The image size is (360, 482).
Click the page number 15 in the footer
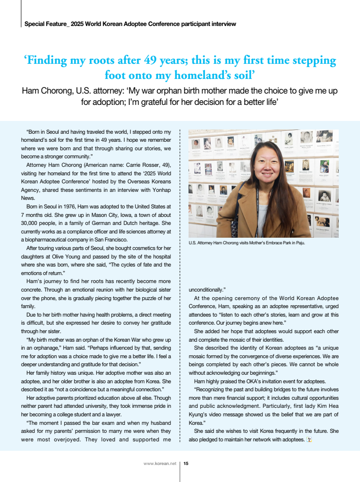(x=186, y=464)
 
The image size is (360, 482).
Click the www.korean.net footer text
(x=160, y=464)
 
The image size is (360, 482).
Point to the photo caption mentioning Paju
(x=247, y=243)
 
